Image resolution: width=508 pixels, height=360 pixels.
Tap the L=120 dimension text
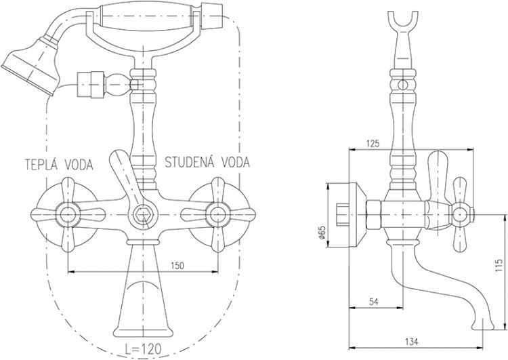coord(144,351)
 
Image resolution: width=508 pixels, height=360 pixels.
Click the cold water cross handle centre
coord(217,215)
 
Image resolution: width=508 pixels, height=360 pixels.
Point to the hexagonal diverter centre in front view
coord(142,216)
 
